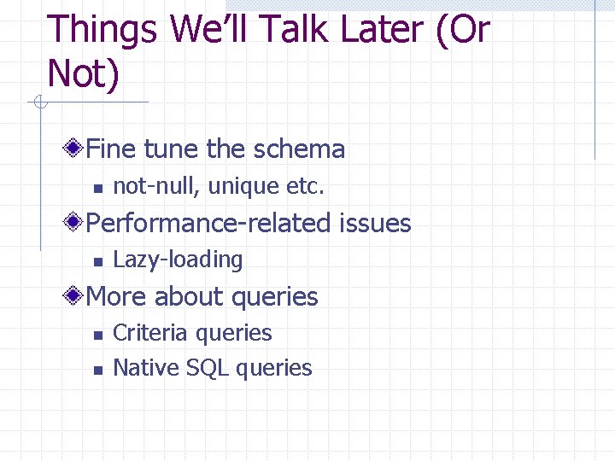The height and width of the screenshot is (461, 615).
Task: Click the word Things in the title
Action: pyautogui.click(x=102, y=31)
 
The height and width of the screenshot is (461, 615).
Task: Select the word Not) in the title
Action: pyautogui.click(x=84, y=74)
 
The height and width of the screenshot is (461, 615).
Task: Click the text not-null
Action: pyautogui.click(x=155, y=186)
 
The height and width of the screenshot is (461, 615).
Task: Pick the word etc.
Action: pyautogui.click(x=306, y=186)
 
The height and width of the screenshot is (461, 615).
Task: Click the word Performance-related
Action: pyautogui.click(x=208, y=224)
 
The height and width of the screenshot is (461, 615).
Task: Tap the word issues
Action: pyautogui.click(x=376, y=224)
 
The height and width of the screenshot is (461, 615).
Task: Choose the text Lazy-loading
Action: pyautogui.click(x=178, y=260)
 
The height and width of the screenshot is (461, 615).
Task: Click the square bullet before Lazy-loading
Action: pyautogui.click(x=97, y=261)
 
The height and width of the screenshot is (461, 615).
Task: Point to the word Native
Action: pyautogui.click(x=144, y=368)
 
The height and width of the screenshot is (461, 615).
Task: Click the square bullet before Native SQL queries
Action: pyautogui.click(x=97, y=370)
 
